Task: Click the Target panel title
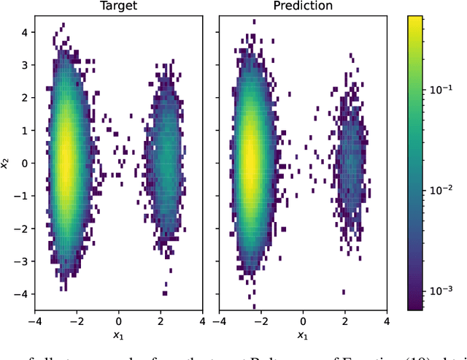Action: (x=118, y=7)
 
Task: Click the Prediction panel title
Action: (x=302, y=7)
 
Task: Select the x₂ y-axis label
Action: (x=6, y=164)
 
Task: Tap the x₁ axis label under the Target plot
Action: (x=118, y=335)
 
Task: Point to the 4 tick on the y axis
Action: (x=24, y=31)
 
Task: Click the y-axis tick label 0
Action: (x=24, y=164)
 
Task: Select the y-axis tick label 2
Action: (x=24, y=97)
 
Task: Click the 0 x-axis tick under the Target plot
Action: (x=119, y=321)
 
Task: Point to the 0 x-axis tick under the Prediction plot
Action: (x=303, y=321)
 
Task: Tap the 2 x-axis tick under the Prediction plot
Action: (x=344, y=321)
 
